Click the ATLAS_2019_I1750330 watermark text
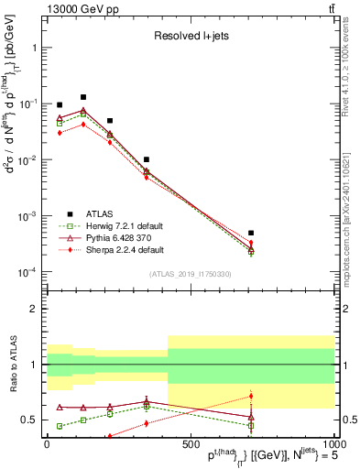click(190, 274)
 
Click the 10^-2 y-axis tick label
click(29, 159)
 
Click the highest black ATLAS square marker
click(83, 97)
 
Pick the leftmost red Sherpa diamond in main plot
click(60, 133)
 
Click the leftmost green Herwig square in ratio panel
click(60, 426)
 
